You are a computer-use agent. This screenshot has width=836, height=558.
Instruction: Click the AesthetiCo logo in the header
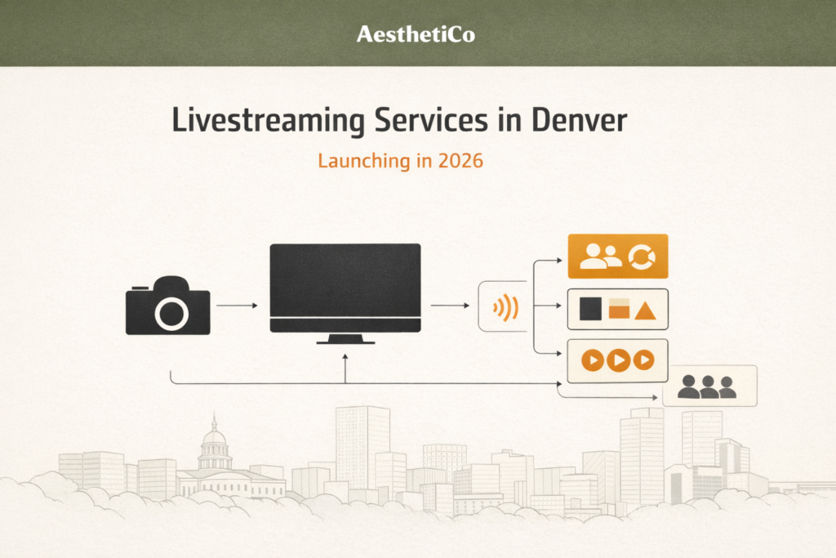(416, 34)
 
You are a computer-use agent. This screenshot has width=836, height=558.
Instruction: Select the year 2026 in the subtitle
(460, 161)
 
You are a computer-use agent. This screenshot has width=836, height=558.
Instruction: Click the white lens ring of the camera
(171, 313)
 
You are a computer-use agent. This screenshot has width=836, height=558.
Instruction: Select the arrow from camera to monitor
(237, 306)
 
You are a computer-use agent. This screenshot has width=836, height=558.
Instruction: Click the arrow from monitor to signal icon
(449, 306)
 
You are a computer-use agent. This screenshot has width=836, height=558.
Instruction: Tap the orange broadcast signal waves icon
(506, 308)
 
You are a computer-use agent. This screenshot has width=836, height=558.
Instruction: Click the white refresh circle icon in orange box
(641, 257)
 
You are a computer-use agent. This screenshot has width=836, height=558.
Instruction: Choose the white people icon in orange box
(599, 257)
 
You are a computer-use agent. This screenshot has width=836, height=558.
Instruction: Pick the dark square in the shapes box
(590, 309)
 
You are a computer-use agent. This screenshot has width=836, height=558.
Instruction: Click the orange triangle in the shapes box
(645, 310)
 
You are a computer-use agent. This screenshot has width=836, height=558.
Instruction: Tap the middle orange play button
(618, 360)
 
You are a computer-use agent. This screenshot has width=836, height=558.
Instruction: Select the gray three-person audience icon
(708, 387)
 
